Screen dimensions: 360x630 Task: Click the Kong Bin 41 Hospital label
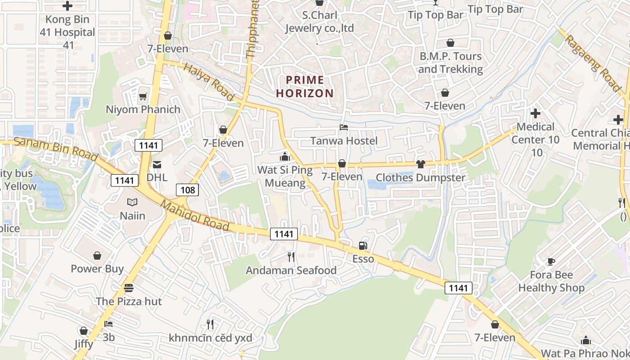point(67,32)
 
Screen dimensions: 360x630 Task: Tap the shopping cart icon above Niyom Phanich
point(143,96)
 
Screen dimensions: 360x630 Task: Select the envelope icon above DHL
point(157,165)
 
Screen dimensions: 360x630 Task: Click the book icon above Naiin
point(132,202)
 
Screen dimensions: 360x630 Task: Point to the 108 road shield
point(187,190)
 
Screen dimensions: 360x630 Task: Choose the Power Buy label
point(97,269)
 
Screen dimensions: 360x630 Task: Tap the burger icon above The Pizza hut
point(129,288)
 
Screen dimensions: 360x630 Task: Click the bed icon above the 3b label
point(108,324)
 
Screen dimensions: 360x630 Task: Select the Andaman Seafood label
point(291,270)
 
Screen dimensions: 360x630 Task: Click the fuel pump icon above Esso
point(363,246)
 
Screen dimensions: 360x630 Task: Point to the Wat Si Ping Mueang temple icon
point(284,157)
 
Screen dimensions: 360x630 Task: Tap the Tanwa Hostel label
point(344,141)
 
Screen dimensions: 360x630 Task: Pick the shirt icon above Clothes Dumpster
point(420,164)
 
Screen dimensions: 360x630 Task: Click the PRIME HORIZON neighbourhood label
point(305,87)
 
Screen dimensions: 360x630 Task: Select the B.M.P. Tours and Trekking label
point(450,63)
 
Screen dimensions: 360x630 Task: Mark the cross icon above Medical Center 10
point(535,113)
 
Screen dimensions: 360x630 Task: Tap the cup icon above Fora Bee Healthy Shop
point(551,261)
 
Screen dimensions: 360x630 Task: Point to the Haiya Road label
point(210,82)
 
